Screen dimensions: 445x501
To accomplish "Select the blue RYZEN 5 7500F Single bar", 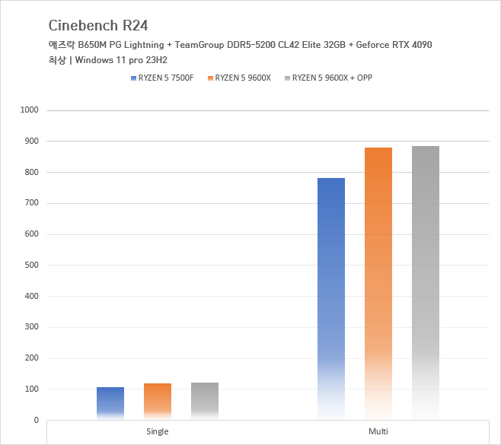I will click(110, 403).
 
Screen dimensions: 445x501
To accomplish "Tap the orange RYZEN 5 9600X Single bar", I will click(158, 402).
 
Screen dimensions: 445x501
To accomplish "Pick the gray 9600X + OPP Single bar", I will click(205, 401).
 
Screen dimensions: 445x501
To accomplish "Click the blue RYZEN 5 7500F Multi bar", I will click(331, 298).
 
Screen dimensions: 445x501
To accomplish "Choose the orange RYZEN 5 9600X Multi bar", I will click(378, 283).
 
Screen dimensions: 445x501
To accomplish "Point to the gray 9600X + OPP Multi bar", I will click(426, 282).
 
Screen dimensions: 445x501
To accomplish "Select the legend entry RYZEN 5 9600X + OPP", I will click(332, 78).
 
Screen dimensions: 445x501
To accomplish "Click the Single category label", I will click(158, 431).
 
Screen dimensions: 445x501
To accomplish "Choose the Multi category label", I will click(378, 431).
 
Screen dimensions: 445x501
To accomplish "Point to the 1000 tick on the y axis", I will click(29, 110).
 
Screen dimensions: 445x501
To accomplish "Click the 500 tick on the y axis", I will click(31, 265).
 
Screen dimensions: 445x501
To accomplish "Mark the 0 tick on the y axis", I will click(35, 420).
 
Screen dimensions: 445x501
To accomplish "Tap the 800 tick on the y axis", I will click(31, 173).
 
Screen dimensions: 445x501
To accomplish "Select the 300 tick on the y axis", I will click(31, 327).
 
